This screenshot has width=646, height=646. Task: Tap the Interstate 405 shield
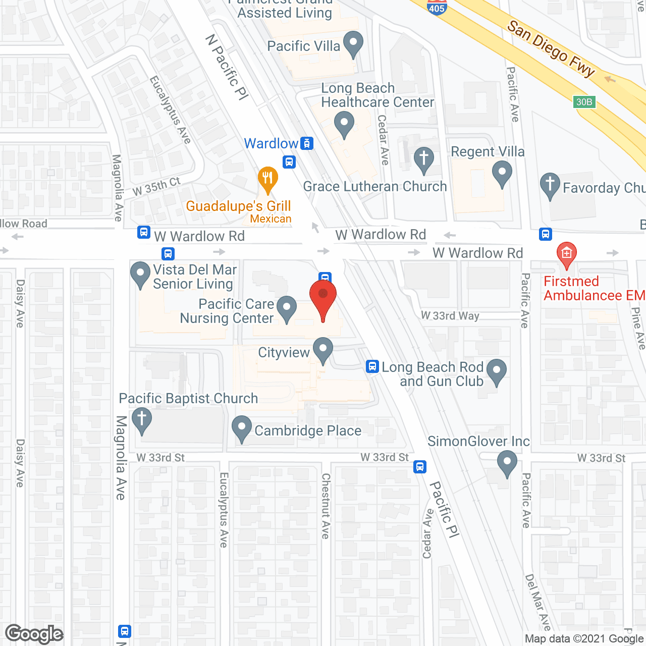tap(437, 7)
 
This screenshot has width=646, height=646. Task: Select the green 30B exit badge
tap(584, 102)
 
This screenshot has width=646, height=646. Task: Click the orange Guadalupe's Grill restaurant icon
tap(267, 179)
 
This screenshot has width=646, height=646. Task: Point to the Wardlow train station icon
tap(307, 143)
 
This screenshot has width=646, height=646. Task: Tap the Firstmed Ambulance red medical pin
tap(566, 254)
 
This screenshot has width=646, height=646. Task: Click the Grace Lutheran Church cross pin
tap(424, 159)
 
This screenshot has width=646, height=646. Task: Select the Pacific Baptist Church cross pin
tap(142, 420)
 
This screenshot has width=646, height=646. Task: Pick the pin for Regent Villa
tap(502, 173)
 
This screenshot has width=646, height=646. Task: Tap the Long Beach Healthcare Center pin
tap(344, 124)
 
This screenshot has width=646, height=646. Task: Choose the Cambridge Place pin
tap(242, 428)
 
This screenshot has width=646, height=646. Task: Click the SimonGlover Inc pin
tap(507, 462)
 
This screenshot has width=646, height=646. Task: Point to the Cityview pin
tap(323, 350)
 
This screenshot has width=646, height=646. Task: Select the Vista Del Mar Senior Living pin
tap(140, 274)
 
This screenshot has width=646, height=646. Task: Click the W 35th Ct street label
tap(156, 187)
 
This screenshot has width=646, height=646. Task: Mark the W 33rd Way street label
tap(450, 316)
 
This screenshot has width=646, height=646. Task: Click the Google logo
tap(34, 634)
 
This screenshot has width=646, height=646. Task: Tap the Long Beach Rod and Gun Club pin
tap(497, 371)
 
